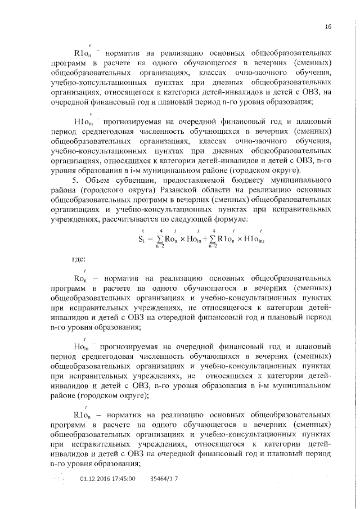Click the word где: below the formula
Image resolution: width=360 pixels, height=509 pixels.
(x=78, y=259)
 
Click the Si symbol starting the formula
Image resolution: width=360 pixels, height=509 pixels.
(x=142, y=238)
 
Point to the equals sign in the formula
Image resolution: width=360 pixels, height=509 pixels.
(x=151, y=238)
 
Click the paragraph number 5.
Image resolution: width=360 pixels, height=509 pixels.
(x=76, y=180)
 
